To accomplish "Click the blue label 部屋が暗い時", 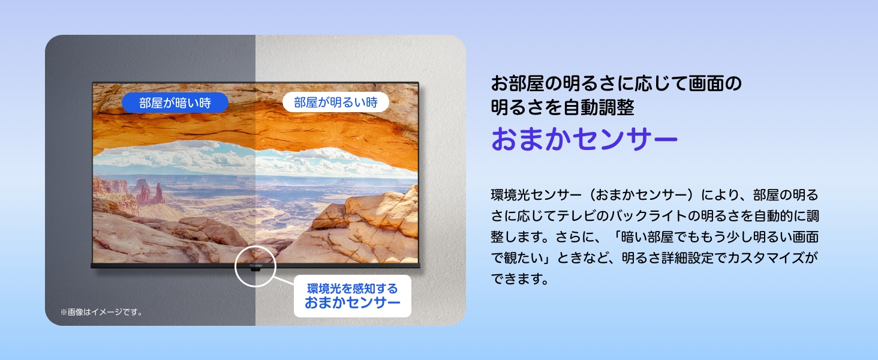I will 175,103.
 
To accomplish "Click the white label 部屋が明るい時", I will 336,103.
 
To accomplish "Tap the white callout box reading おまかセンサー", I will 353,296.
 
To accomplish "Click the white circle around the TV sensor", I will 255,265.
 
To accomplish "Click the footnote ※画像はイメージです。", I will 101,312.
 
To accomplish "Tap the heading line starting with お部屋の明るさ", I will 617,83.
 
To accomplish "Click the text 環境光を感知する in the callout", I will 352,288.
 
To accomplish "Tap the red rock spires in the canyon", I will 150,192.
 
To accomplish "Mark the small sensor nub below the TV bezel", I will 255,269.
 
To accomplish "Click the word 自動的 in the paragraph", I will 771,217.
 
